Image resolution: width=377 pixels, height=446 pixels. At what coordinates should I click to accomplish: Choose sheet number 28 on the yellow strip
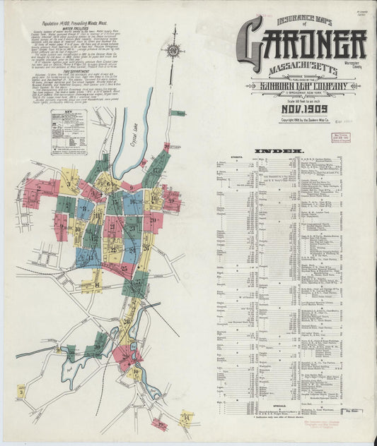point(128,321)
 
